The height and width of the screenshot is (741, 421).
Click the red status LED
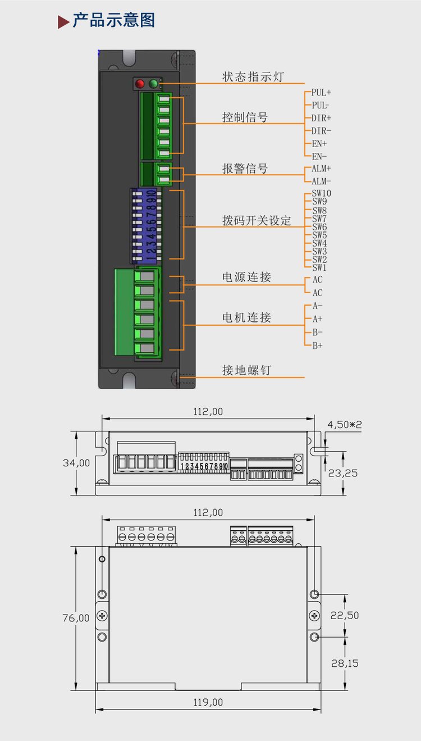pos(140,84)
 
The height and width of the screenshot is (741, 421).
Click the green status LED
pos(153,84)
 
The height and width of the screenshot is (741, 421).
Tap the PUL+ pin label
pos(321,92)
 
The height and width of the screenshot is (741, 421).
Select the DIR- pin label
pos(321,131)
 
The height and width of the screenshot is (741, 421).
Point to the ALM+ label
pos(321,169)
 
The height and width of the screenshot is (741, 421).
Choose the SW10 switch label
pos(322,193)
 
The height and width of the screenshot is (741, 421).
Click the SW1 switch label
pos(319,267)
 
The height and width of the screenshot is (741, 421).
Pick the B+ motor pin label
pos(318,346)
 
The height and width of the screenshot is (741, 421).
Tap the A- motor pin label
pos(318,306)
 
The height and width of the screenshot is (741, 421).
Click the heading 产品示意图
pos(114,20)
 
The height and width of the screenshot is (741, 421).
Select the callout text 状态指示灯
pos(253,77)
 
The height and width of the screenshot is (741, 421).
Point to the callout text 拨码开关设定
pos(257,220)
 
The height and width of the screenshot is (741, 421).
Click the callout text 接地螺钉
pos(246,371)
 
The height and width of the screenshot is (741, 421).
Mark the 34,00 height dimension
pos(76,463)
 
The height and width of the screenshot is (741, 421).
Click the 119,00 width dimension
pos(208,702)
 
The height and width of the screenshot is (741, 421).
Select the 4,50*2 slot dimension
pos(345,424)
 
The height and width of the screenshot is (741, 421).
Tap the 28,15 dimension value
pos(345,663)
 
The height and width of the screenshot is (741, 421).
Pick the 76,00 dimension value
pos(76,618)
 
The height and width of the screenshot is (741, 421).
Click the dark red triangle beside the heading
pos(63,22)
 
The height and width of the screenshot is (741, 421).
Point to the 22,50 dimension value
pos(345,615)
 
